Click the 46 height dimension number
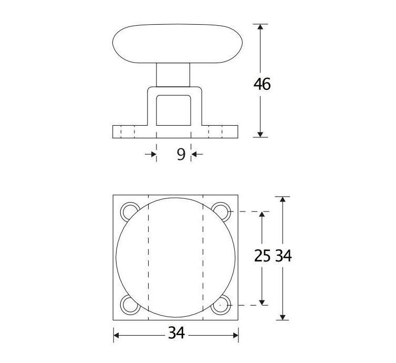click(262, 84)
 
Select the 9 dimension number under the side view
click(180, 154)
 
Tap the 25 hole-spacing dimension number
click(262, 256)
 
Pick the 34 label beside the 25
click(283, 256)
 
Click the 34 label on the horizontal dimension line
click(176, 334)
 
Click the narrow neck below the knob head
click(173, 75)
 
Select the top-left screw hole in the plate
click(129, 211)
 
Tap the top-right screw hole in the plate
click(222, 211)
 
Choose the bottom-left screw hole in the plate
click(129, 304)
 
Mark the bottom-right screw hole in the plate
click(222, 304)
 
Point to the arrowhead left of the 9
click(153, 154)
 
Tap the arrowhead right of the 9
click(194, 154)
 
